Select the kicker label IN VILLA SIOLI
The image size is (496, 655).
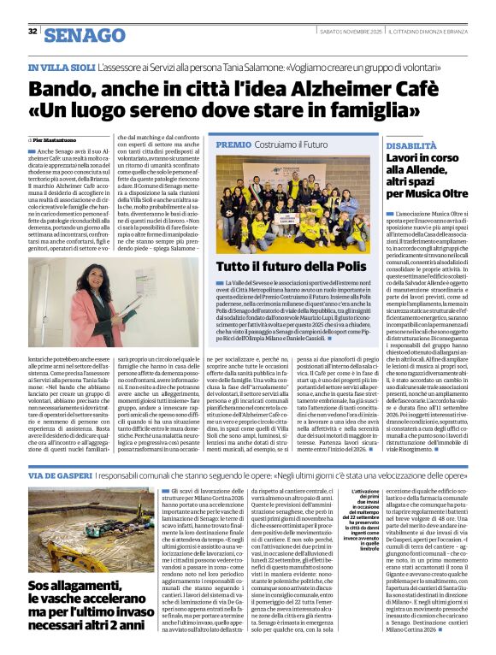point(61,67)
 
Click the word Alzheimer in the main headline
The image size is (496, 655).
point(298,88)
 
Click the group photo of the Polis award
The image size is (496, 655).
point(291,205)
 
